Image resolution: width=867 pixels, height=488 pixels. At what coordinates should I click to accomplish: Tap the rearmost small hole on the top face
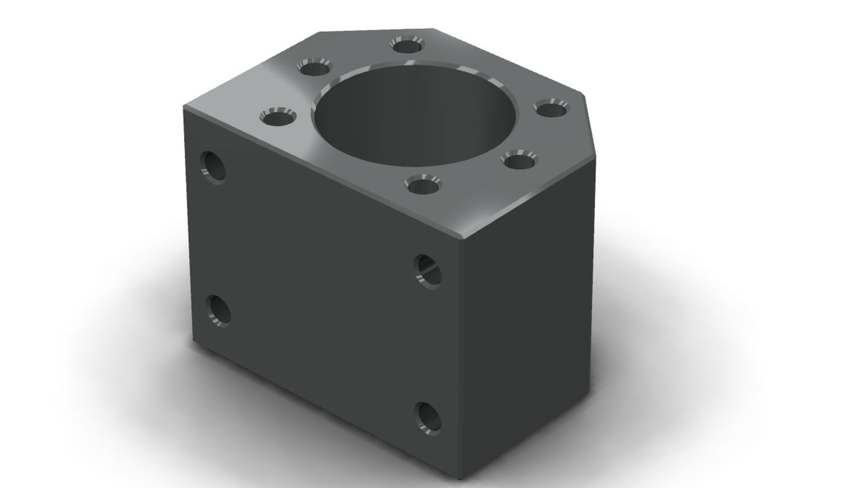point(407,46)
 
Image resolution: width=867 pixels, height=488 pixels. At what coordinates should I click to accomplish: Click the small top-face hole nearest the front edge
point(423,185)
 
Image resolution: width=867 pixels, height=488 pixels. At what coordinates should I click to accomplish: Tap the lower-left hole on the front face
point(218,311)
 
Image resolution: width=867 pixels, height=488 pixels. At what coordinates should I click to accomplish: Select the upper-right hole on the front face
point(427,271)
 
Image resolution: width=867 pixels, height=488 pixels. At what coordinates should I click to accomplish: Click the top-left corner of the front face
point(184,107)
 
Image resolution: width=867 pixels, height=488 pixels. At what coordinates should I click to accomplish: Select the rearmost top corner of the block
point(433,29)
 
